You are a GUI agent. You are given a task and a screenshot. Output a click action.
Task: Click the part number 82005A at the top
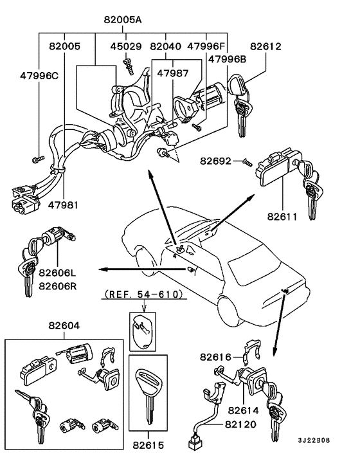click(x=122, y=20)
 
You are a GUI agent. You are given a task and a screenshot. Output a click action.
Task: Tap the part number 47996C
click(x=37, y=75)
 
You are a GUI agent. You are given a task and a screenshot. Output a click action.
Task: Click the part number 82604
click(x=64, y=326)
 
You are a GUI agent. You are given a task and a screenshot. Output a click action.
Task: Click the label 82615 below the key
click(x=148, y=444)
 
